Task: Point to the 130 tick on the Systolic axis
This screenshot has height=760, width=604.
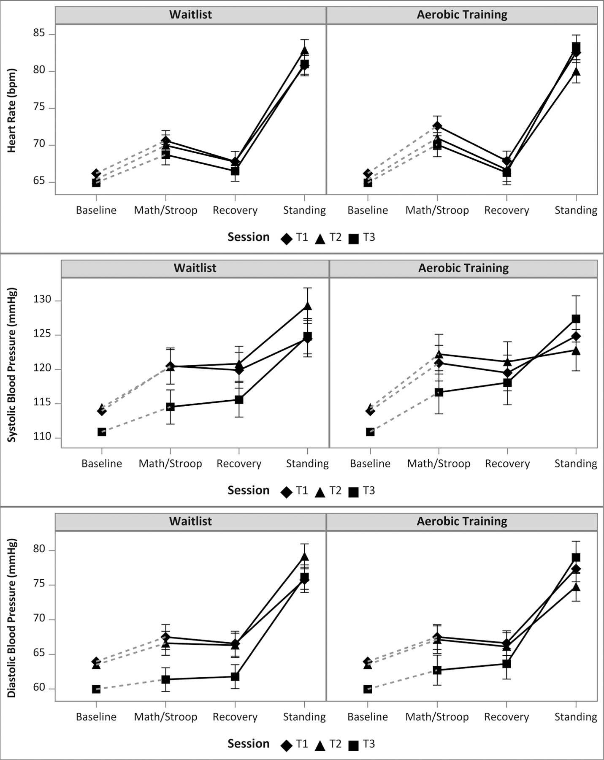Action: click(x=42, y=300)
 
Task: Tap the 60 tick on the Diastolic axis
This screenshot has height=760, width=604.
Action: click(x=39, y=688)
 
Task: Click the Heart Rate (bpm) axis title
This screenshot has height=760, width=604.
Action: click(x=12, y=111)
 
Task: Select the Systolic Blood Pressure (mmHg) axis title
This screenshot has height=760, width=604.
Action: click(x=12, y=365)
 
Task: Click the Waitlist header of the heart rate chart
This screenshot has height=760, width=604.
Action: click(x=190, y=15)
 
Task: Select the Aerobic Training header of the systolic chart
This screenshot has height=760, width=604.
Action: click(x=463, y=268)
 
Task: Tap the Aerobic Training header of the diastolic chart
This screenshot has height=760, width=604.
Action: click(x=462, y=521)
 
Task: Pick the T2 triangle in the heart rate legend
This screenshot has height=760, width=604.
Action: click(x=320, y=239)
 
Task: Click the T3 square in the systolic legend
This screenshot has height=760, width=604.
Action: click(x=354, y=492)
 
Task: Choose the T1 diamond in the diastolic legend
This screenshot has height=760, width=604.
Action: click(x=287, y=746)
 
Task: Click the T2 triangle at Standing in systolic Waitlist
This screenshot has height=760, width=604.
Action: click(x=308, y=306)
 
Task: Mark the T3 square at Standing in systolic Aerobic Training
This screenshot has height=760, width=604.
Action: click(x=576, y=319)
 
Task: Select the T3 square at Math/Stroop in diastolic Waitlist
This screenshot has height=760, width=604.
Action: click(x=166, y=679)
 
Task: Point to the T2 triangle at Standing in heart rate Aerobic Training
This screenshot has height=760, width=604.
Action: click(x=576, y=71)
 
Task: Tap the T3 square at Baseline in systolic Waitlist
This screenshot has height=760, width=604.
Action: click(x=102, y=432)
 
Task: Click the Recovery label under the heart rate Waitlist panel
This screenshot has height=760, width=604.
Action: click(x=235, y=210)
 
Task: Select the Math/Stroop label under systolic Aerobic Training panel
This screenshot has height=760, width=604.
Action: click(x=439, y=464)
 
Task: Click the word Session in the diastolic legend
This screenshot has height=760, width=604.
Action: click(x=248, y=744)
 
